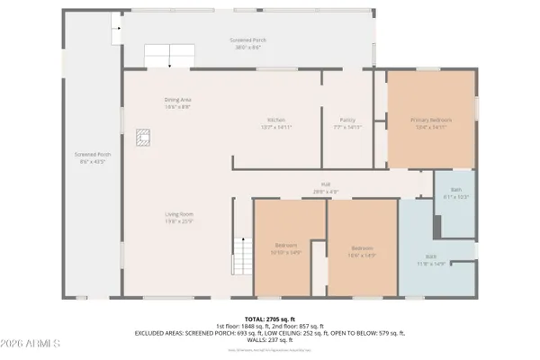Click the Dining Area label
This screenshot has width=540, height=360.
pyautogui.click(x=177, y=103)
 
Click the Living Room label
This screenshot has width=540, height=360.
pyautogui.click(x=179, y=216)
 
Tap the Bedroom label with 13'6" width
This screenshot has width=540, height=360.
pyautogui.click(x=362, y=250)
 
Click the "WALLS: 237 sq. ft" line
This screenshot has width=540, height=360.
pyautogui.click(x=269, y=339)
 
